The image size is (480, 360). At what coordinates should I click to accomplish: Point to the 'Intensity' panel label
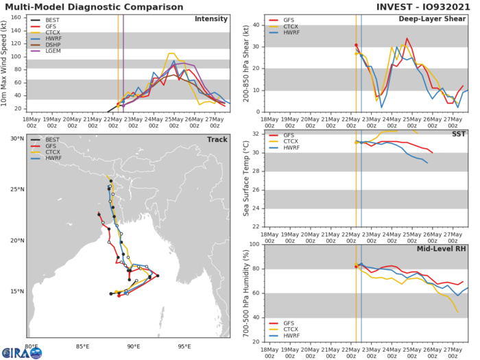tap(211, 19)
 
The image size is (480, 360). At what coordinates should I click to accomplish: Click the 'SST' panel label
tap(457, 134)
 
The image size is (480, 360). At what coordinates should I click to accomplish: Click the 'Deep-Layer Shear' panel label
tap(433, 19)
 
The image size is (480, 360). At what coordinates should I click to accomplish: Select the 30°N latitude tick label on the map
tap(16, 139)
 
